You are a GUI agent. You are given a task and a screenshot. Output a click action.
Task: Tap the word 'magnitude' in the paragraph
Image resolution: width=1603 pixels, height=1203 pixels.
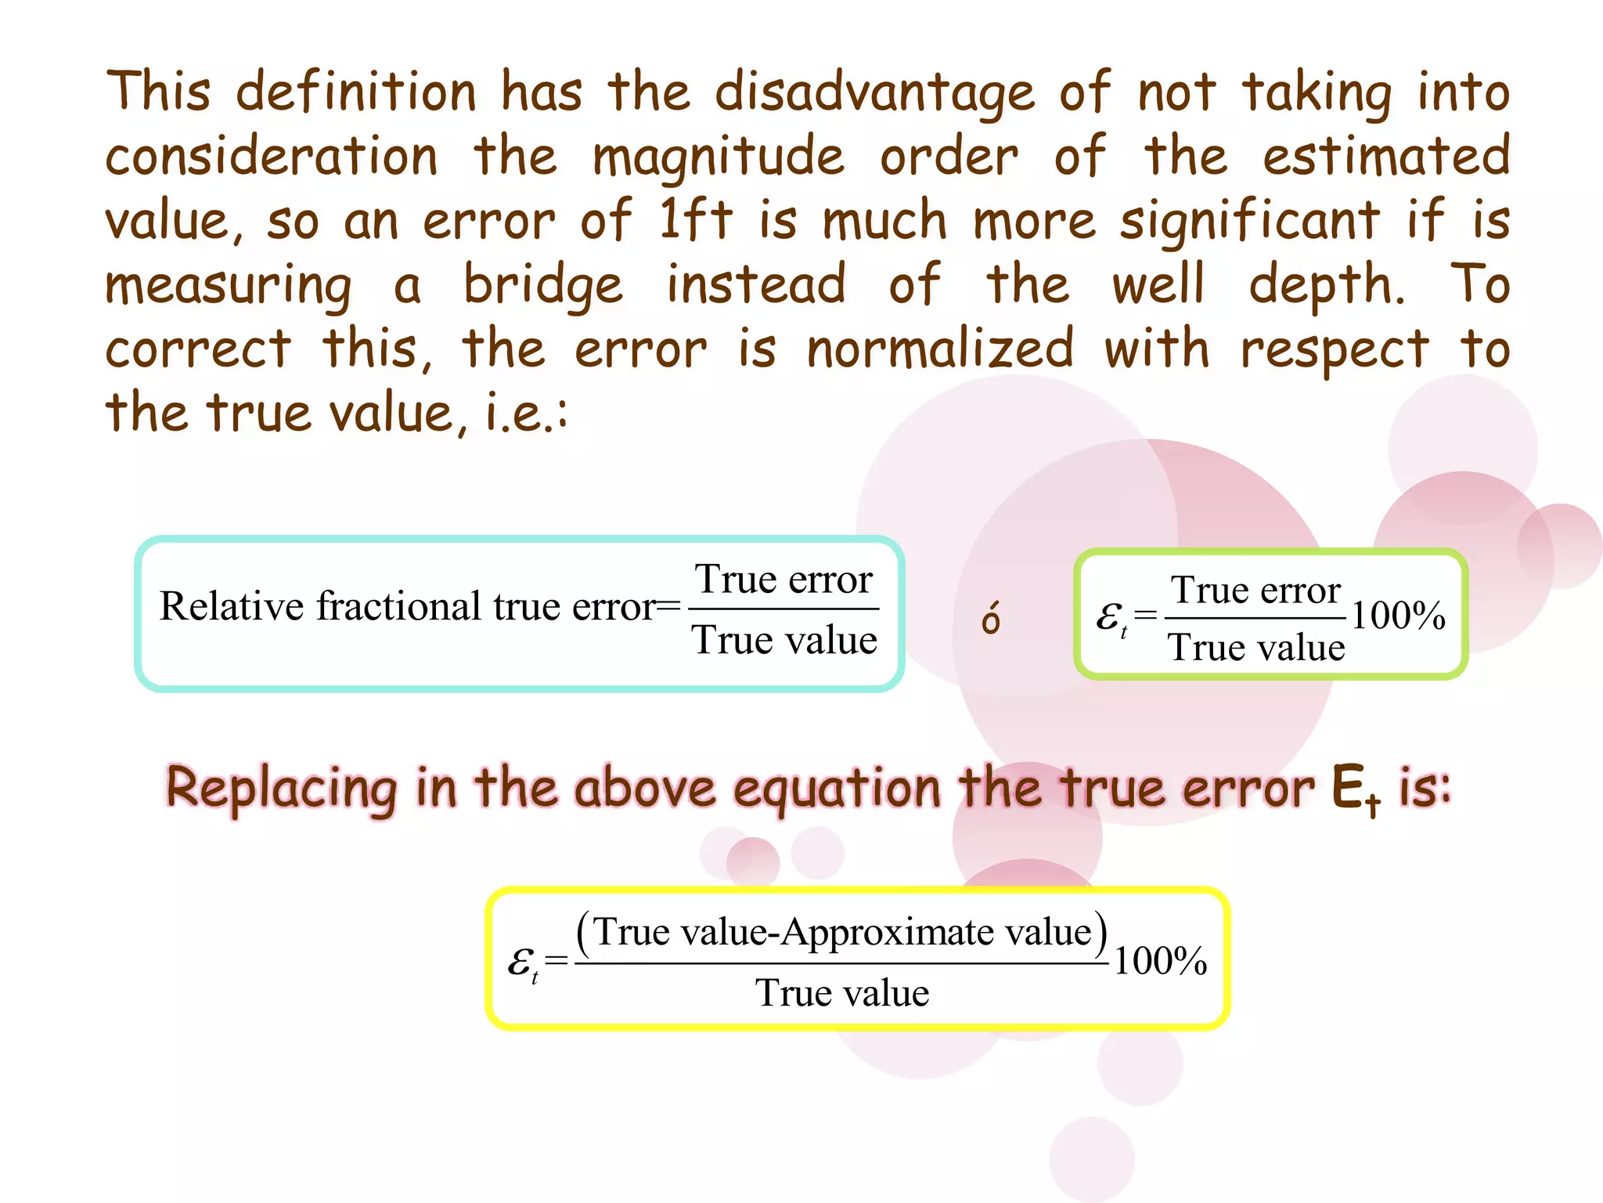pos(719,157)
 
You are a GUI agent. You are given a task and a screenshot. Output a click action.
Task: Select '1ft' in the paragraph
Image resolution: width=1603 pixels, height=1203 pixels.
pos(695,219)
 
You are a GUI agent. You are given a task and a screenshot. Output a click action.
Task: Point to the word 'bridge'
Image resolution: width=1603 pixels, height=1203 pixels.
pos(543,285)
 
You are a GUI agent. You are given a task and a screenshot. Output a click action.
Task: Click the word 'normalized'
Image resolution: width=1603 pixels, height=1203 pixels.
pos(940,349)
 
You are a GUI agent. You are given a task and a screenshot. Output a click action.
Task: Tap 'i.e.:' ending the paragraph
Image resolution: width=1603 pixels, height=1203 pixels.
pos(526,414)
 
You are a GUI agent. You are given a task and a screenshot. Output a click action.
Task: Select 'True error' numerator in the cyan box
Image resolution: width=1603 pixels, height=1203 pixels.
pos(783,580)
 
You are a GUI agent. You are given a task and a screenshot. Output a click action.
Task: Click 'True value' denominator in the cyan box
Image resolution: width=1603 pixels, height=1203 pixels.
pos(783,640)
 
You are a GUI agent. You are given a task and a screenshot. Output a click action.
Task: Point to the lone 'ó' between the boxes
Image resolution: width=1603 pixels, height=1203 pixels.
pos(991,619)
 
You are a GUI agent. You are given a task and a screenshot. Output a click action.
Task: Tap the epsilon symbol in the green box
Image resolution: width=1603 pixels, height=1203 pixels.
pos(1109,617)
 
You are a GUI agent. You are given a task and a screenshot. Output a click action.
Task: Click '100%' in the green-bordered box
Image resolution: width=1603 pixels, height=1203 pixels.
pos(1398,616)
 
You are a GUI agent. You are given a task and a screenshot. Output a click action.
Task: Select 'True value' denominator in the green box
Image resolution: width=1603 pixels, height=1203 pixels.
pos(1255,648)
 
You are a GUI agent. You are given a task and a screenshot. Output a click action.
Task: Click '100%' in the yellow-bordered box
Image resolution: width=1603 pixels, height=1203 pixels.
pos(1160,961)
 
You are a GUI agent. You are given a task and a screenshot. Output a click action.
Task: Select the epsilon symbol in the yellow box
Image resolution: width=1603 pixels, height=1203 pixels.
pos(521,963)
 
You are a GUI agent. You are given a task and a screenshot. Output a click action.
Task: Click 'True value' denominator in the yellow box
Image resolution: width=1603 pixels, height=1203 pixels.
pos(842,993)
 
